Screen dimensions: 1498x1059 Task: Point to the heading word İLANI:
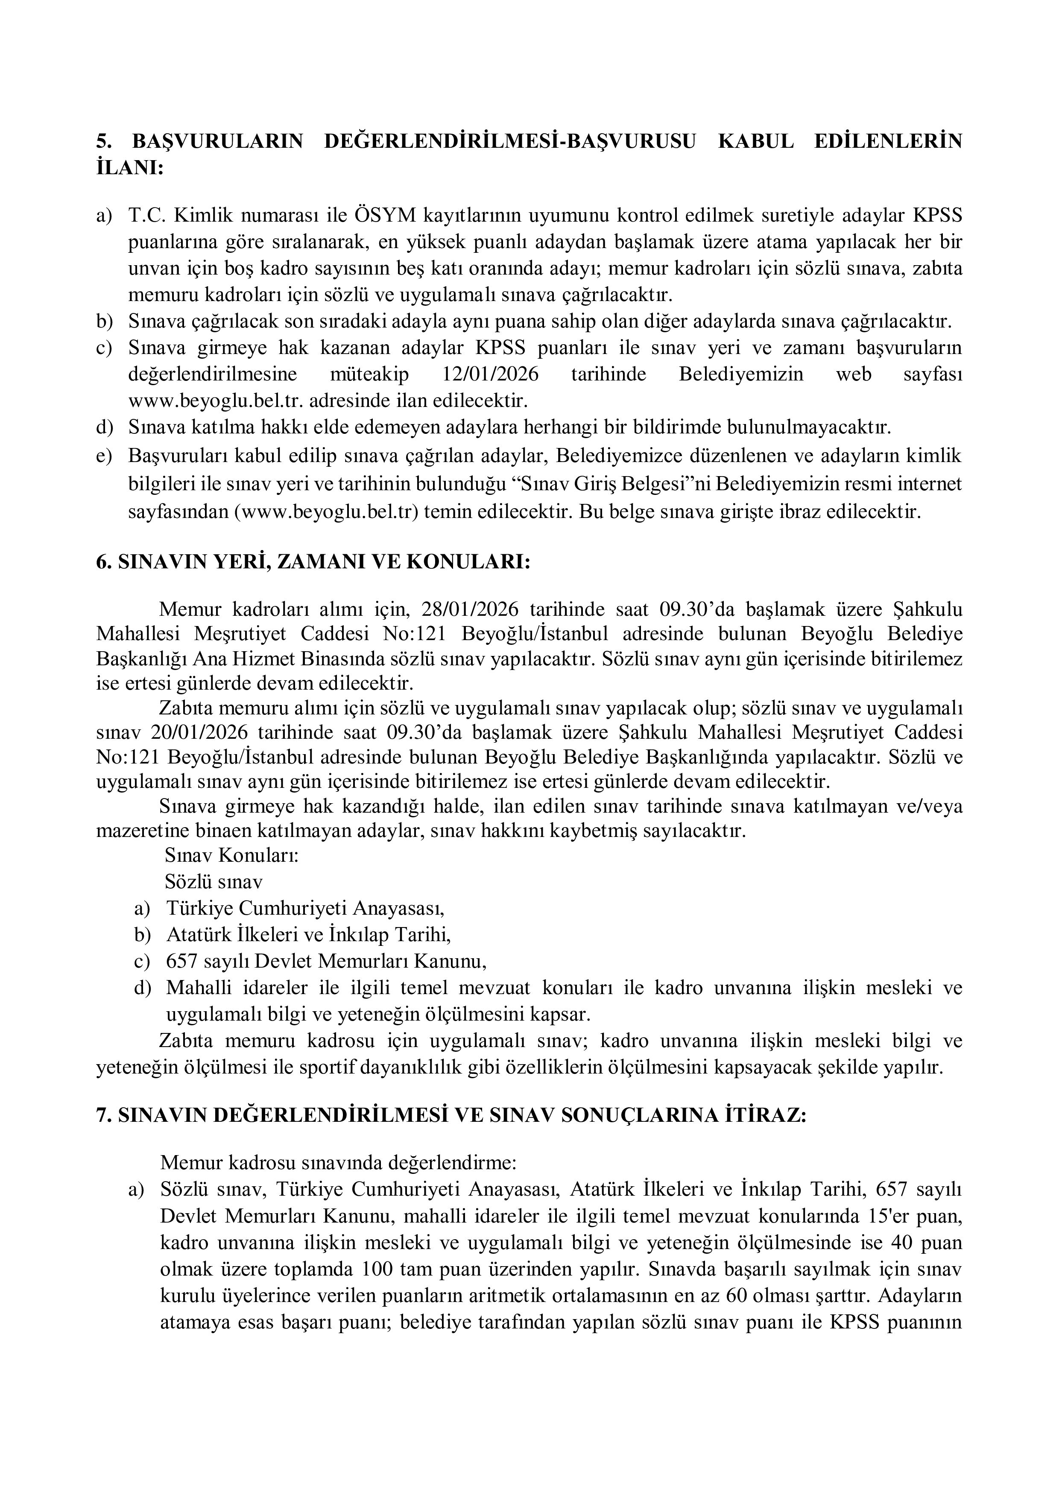point(129,168)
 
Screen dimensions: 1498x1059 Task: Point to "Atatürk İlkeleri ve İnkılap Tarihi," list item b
point(309,934)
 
